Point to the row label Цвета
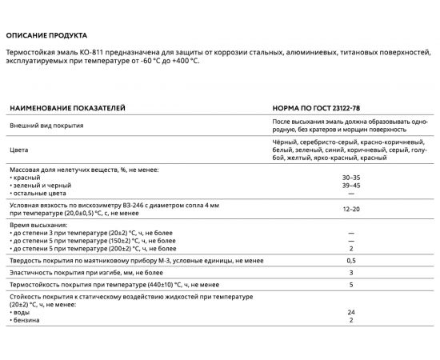pyautogui.click(x=18, y=150)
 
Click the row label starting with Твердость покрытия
pyautogui.click(x=112, y=261)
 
